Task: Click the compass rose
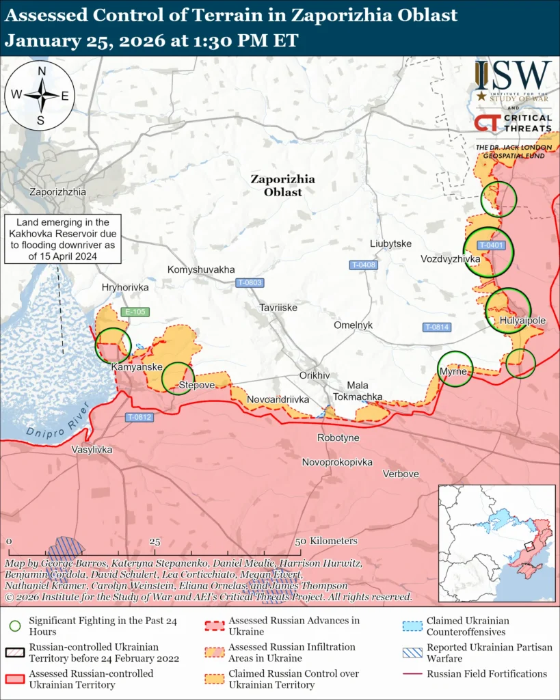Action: point(41,95)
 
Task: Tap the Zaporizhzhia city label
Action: point(58,192)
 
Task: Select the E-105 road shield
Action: point(135,312)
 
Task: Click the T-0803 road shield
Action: point(250,282)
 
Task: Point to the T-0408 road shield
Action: point(363,265)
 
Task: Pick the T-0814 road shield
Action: point(436,327)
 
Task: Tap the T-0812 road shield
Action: point(139,417)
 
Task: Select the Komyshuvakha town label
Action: point(201,270)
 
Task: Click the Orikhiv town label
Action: point(315,376)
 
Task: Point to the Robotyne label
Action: point(338,437)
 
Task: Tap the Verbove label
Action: point(401,474)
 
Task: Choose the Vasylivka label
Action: point(92,450)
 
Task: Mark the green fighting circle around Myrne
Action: point(455,369)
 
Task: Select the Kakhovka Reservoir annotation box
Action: point(62,239)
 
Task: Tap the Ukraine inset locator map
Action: point(496,543)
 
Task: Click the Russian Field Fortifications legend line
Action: point(412,674)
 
